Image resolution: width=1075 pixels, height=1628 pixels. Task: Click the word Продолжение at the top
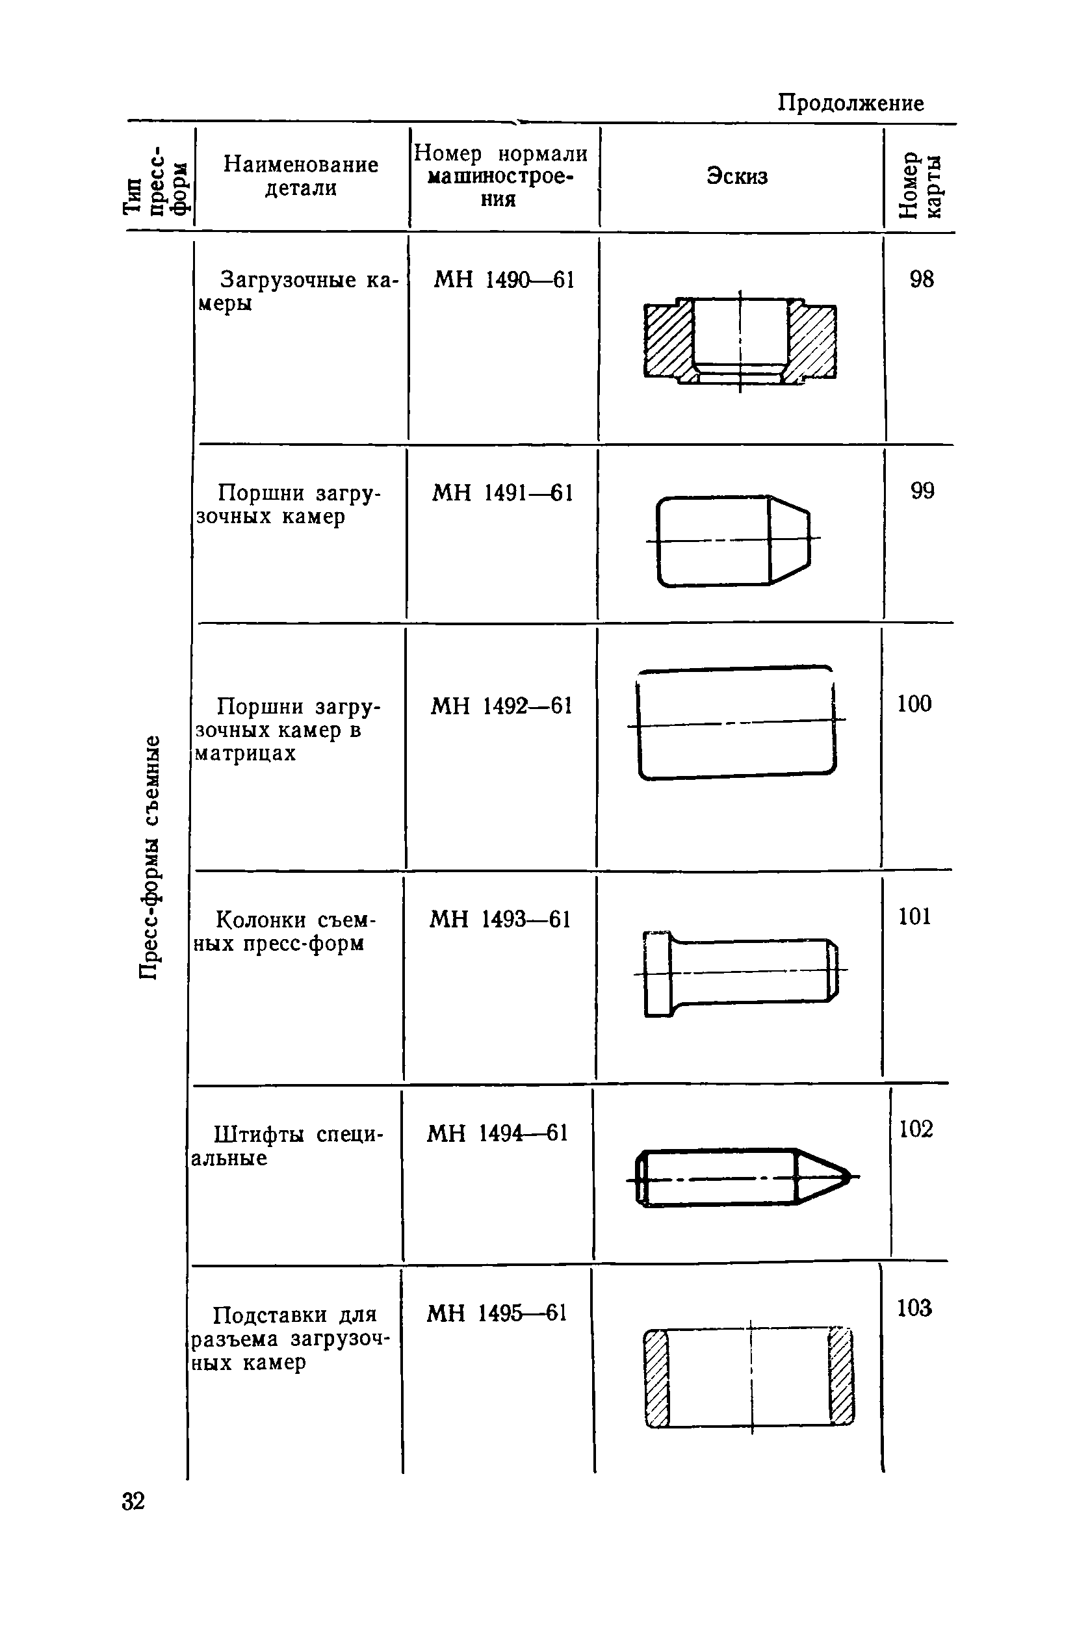pos(850,103)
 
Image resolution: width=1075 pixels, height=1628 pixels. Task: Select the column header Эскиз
pos(737,176)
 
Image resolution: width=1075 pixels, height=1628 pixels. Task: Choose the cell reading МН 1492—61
pos(501,705)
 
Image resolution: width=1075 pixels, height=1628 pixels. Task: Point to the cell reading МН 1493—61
pos(500,918)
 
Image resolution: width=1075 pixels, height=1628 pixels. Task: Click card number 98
pos(922,279)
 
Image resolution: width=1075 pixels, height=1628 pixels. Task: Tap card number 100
pos(914,703)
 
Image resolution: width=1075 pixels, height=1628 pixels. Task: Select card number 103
pos(914,1308)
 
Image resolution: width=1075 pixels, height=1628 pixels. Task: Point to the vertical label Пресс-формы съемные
pos(150,857)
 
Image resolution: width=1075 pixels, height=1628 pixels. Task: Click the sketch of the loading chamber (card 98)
pos(740,341)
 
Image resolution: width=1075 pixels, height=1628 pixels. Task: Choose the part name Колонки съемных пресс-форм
pos(288,931)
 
